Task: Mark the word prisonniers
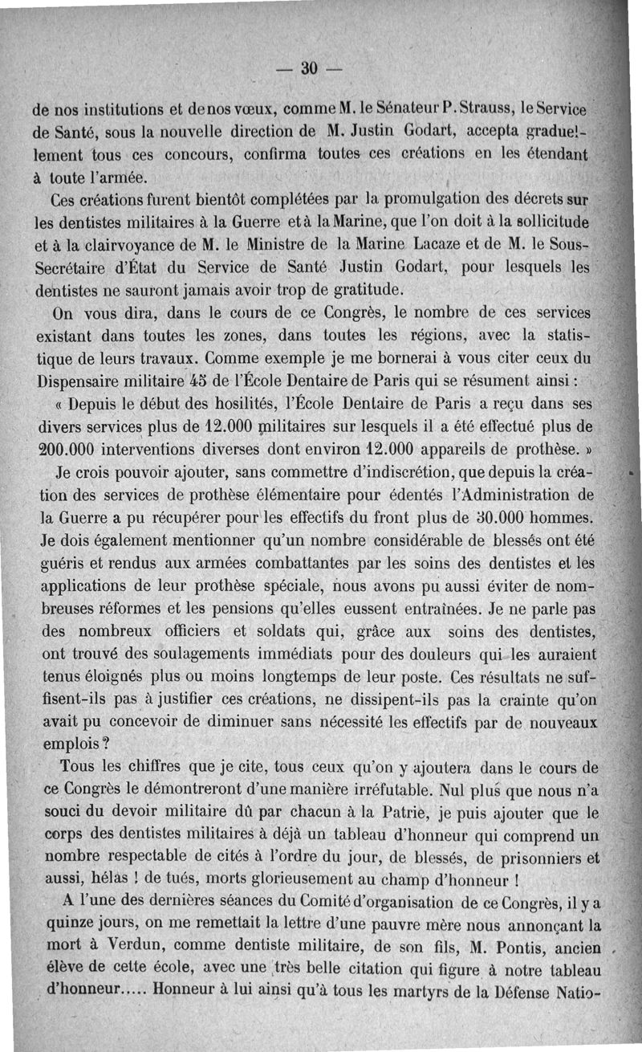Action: pos(542,855)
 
